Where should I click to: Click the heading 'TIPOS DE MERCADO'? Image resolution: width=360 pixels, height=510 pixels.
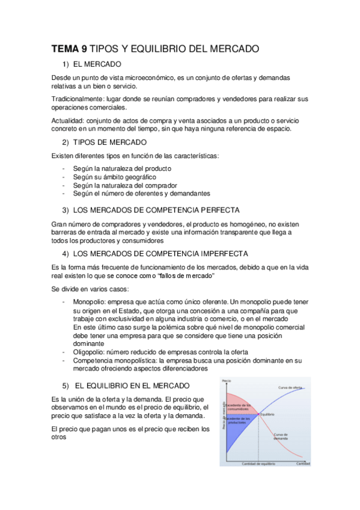click(109, 142)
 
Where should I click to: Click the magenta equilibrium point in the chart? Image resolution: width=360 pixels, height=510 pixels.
click(258, 414)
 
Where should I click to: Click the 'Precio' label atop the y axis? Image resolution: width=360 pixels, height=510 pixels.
click(227, 381)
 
